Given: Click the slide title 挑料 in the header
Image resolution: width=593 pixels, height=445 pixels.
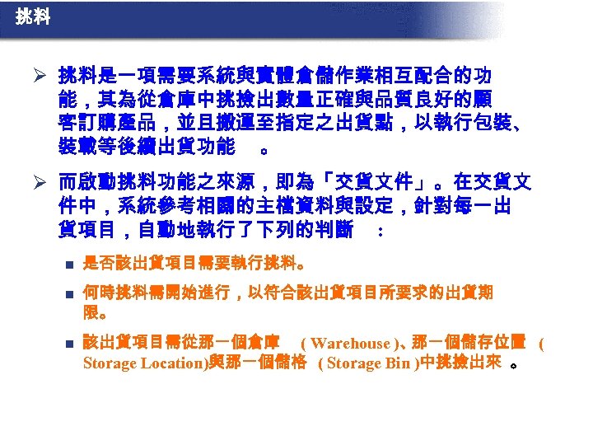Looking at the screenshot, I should coord(32,16).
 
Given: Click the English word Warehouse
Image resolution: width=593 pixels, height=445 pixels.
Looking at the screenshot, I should coord(350,344).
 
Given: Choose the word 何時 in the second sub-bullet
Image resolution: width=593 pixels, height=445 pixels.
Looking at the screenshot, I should coord(98,293).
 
